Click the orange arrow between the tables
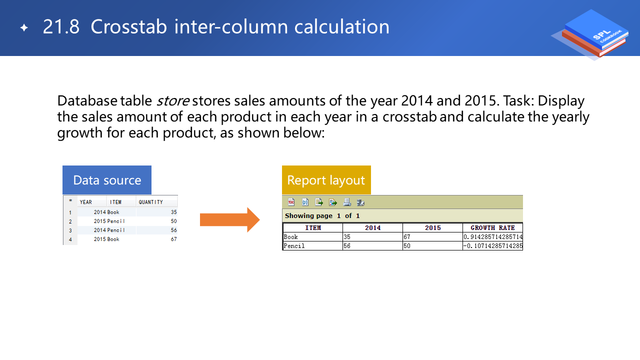[229, 219]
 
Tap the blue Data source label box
[107, 180]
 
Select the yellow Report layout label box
[326, 180]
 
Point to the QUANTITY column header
[151, 202]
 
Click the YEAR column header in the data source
[85, 202]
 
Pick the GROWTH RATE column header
[492, 227]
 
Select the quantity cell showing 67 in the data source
[173, 239]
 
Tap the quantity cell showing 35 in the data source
[173, 212]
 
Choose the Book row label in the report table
[290, 237]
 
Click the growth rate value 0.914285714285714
[493, 237]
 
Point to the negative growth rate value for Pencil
[493, 245]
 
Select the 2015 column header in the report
[432, 227]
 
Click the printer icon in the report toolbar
[347, 202]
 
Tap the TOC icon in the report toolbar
[291, 202]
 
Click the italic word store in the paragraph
[172, 101]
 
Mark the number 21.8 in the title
[61, 27]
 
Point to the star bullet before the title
[24, 27]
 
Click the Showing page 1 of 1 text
[322, 215]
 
